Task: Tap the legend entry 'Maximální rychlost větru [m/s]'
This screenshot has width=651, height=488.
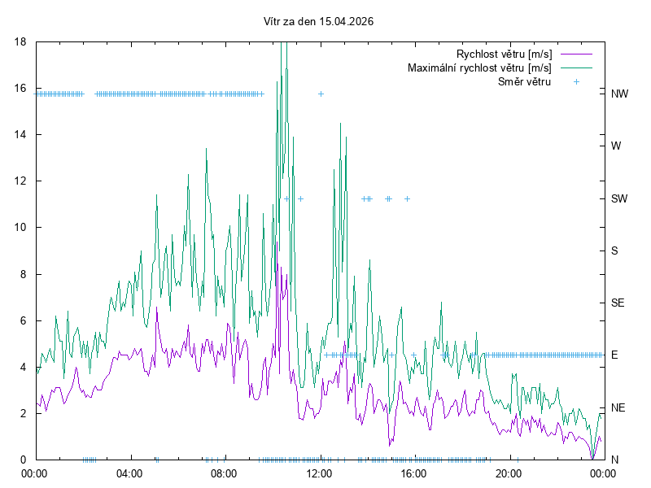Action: pyautogui.click(x=479, y=68)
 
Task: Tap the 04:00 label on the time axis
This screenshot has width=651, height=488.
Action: pyautogui.click(x=129, y=473)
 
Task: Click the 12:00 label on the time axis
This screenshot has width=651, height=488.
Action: pyautogui.click(x=319, y=473)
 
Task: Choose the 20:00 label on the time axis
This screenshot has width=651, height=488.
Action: pyautogui.click(x=509, y=473)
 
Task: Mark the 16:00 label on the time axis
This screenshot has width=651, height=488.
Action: pyautogui.click(x=413, y=473)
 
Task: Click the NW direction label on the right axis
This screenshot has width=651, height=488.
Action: pyautogui.click(x=619, y=94)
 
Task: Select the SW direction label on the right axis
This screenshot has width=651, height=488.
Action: pyautogui.click(x=619, y=198)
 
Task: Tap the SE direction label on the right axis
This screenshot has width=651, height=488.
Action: pyautogui.click(x=618, y=303)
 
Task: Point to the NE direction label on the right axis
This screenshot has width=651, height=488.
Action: pyautogui.click(x=618, y=407)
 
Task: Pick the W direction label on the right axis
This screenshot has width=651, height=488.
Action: pyautogui.click(x=616, y=146)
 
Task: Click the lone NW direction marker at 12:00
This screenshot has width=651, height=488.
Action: pyautogui.click(x=321, y=94)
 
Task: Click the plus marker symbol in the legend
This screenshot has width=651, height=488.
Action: pyautogui.click(x=575, y=81)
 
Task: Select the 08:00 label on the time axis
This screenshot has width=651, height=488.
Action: pyautogui.click(x=224, y=473)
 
